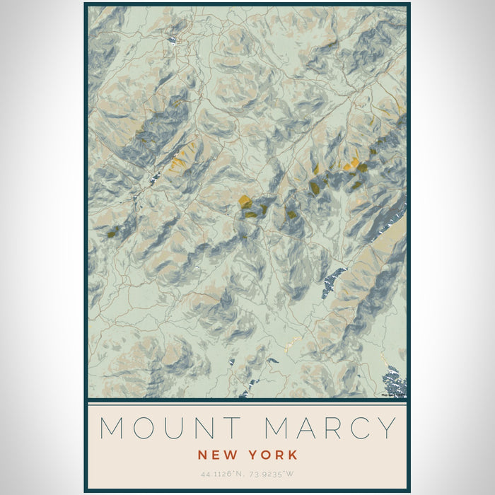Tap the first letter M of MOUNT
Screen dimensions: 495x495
[113, 429]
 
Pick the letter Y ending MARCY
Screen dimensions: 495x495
[386, 429]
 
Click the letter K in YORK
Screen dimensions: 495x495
[292, 455]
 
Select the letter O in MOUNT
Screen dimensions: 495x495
[144, 429]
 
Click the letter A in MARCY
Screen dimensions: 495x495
[301, 429]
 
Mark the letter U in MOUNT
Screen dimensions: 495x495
[172, 429]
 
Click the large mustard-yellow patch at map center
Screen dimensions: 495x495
[245, 202]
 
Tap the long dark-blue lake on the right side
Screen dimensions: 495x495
[332, 282]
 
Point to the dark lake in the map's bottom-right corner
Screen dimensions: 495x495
[394, 385]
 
